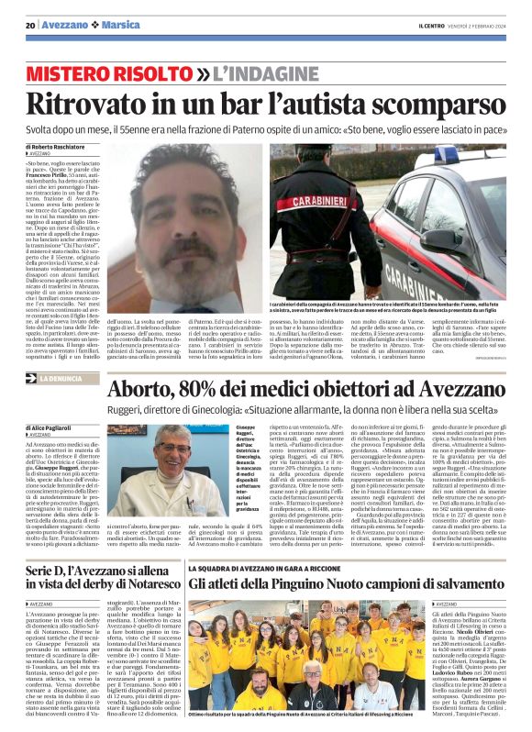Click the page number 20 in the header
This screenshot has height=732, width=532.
pyautogui.click(x=29, y=24)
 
